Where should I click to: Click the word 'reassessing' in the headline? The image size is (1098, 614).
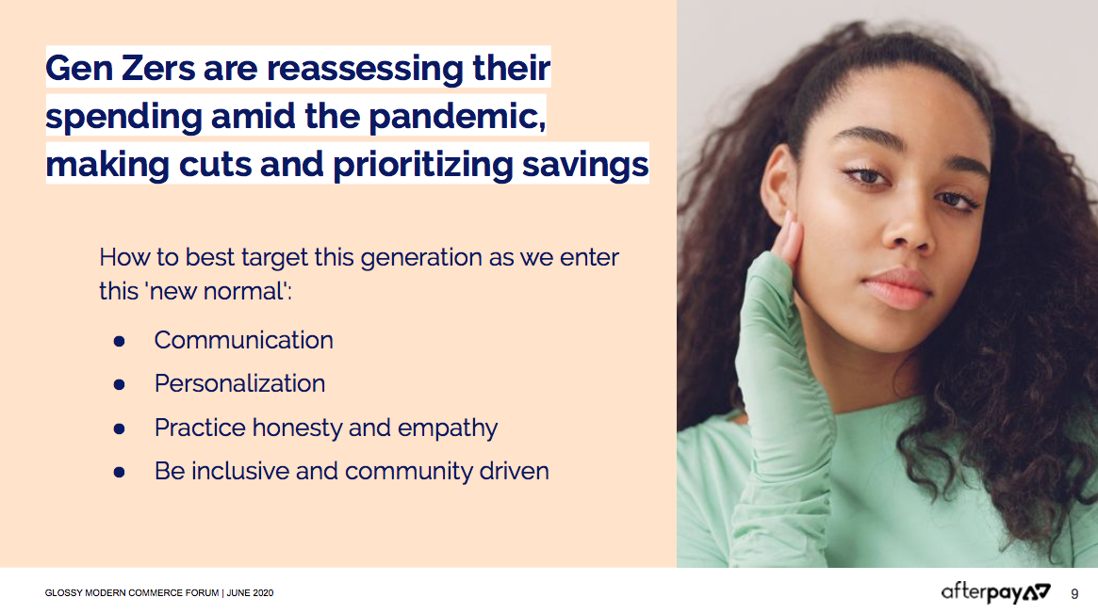click(365, 69)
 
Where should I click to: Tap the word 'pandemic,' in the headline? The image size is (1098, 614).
click(457, 116)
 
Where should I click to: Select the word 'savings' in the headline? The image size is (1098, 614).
click(585, 165)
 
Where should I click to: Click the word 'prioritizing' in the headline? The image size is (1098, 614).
click(423, 165)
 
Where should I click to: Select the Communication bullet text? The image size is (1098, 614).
click(244, 341)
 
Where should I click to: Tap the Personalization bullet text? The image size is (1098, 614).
click(239, 384)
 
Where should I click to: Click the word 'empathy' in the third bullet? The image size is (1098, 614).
click(448, 428)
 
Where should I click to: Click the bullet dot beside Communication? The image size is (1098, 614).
click(119, 341)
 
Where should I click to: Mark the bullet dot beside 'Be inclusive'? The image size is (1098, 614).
click(119, 473)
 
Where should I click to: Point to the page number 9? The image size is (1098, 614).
click(1074, 594)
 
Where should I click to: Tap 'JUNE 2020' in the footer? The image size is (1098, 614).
click(250, 593)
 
